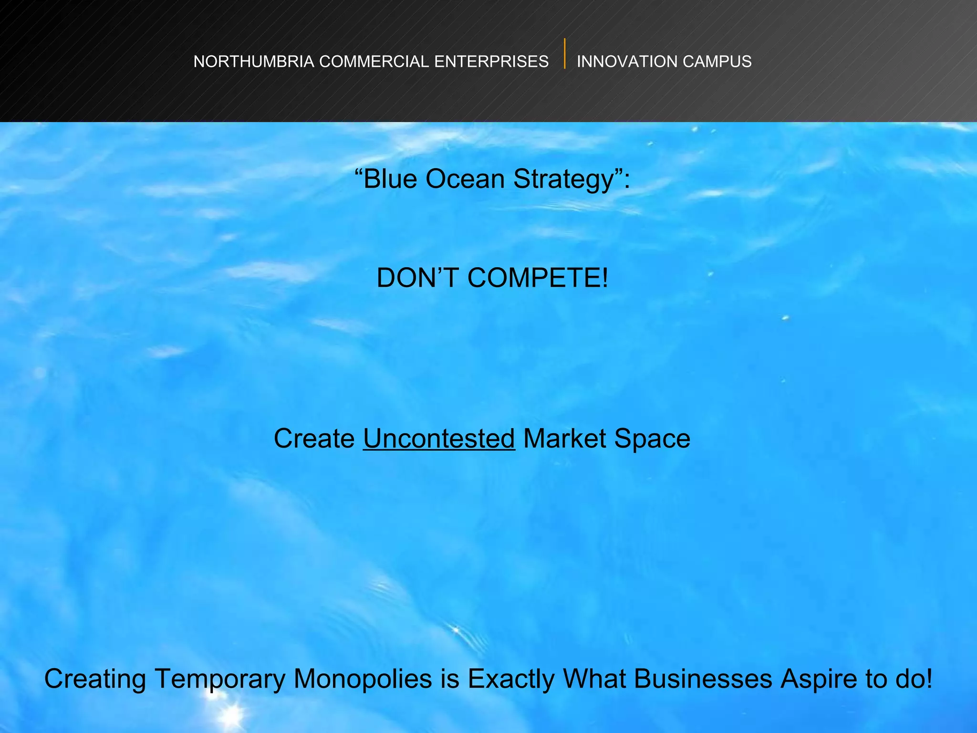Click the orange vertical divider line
coord(565,53)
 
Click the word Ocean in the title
coord(465,179)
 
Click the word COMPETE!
coord(538,278)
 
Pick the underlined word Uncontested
coord(439,438)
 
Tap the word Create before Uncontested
coord(314,438)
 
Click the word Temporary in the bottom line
coord(220,679)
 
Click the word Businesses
coord(703,679)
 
